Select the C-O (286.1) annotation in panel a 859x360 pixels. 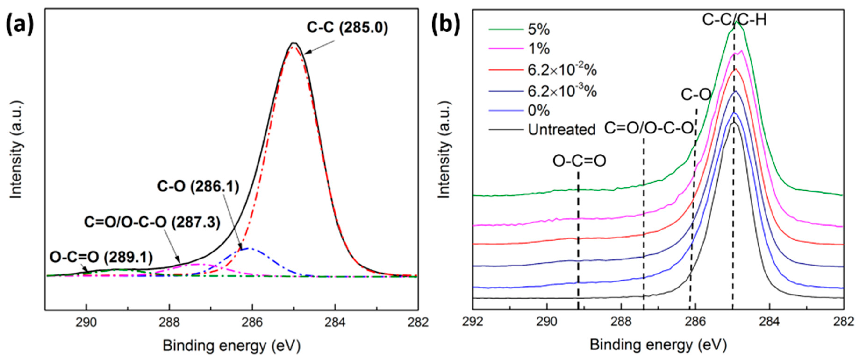point(198,187)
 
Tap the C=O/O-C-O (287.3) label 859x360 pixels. point(152,222)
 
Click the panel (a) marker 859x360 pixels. point(20,25)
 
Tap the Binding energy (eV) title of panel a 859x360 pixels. point(231,346)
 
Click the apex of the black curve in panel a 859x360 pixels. point(293,43)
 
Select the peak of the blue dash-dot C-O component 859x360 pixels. point(248,248)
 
